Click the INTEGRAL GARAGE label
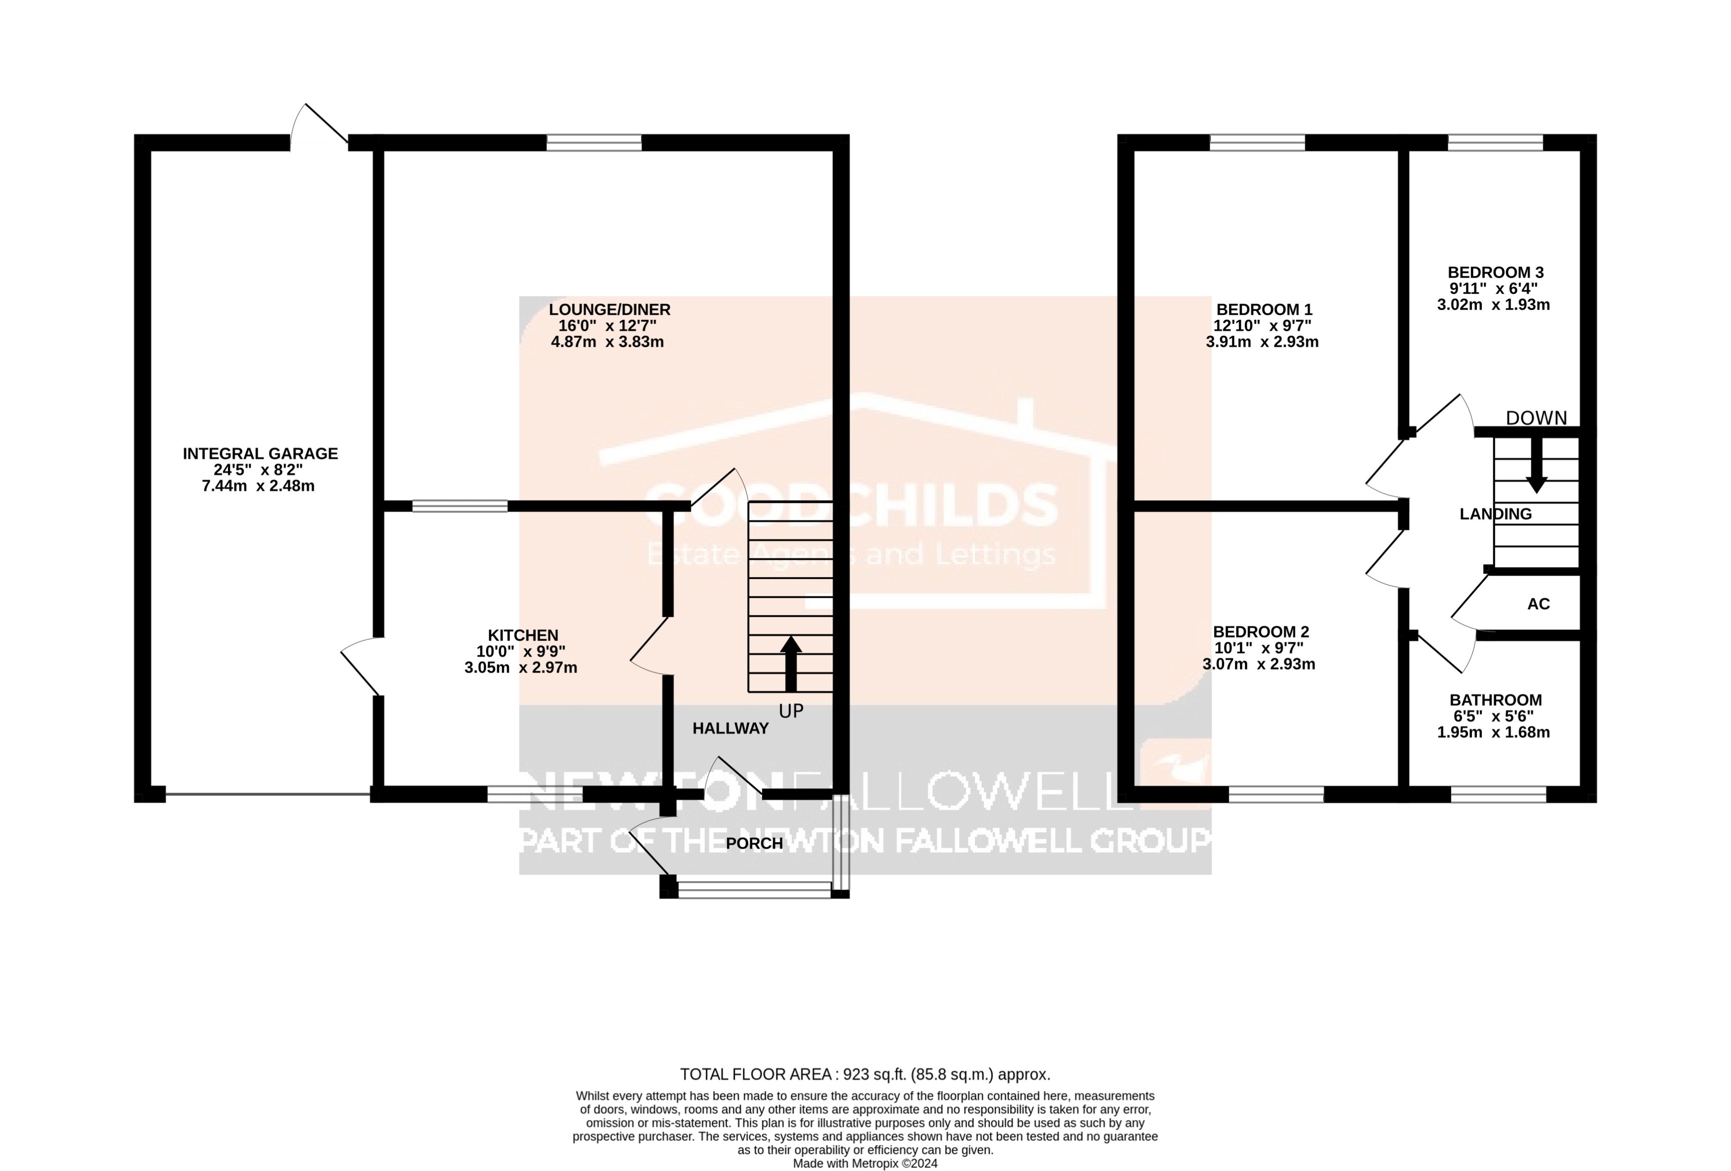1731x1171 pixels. click(x=260, y=453)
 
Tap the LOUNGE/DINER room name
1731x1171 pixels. click(x=609, y=309)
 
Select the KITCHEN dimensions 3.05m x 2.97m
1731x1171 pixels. click(x=521, y=668)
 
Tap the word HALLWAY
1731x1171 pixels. click(x=730, y=728)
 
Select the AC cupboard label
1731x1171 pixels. click(x=1538, y=604)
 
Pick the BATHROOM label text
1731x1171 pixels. click(x=1495, y=700)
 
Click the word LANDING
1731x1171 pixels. click(x=1495, y=514)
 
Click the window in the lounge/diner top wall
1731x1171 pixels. click(x=593, y=142)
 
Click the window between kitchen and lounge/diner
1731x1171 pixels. click(x=459, y=506)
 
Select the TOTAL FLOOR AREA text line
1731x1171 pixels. click(x=865, y=1074)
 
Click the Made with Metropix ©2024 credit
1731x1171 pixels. click(x=865, y=1163)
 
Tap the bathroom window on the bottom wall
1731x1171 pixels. click(x=1498, y=794)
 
